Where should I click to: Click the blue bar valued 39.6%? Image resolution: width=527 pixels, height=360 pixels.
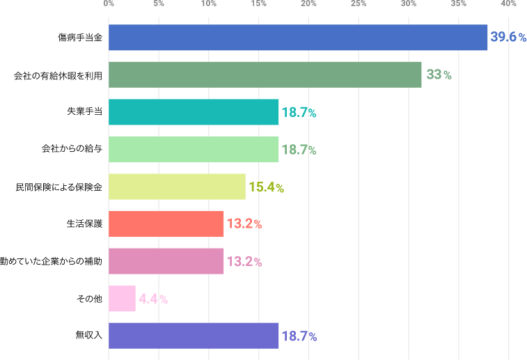pos(298,38)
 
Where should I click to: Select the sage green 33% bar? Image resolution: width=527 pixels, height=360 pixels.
pos(265,75)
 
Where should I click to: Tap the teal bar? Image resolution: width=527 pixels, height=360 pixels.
pos(194,112)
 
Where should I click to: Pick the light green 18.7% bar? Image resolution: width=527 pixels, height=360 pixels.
pos(194,150)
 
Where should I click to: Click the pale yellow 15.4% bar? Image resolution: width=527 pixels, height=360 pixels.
pos(177,187)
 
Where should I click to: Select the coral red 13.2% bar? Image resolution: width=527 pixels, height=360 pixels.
pos(166,224)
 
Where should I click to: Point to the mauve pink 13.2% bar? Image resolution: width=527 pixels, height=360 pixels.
pos(166,262)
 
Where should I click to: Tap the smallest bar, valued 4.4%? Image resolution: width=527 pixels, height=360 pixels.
pos(122,299)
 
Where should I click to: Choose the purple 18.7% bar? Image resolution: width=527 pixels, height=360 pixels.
pos(194,336)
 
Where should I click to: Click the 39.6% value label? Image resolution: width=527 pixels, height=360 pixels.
pos(508,38)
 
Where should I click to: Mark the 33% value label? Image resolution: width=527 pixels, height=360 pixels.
pos(439,75)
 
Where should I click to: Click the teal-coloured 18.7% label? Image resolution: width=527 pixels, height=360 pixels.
pos(299,112)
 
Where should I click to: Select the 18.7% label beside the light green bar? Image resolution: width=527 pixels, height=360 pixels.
pos(299,150)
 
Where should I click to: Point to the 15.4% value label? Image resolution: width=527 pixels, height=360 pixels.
pos(266,187)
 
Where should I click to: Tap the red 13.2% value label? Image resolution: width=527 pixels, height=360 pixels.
pos(244,224)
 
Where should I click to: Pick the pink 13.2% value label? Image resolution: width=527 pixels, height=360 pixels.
pos(244,262)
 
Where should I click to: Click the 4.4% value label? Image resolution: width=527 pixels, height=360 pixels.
pos(153,299)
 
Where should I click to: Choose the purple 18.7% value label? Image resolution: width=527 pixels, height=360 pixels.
pos(299,337)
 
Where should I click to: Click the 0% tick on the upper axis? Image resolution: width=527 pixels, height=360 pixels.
pos(109,4)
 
